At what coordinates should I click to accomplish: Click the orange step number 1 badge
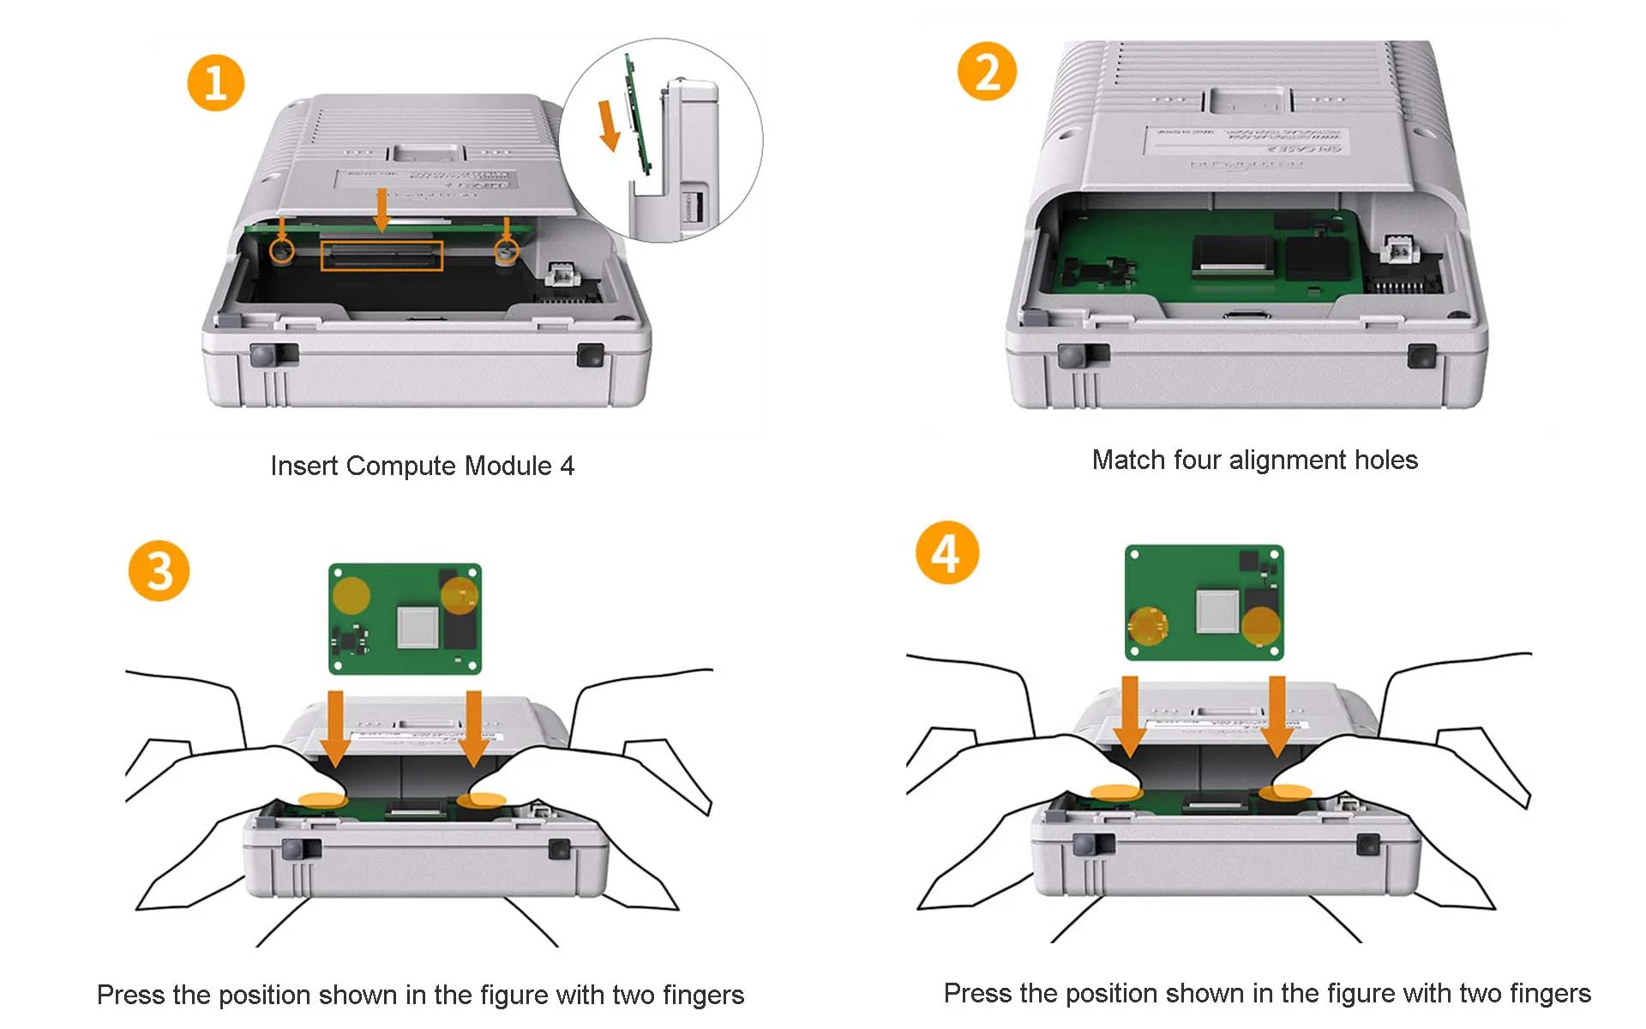pyautogui.click(x=215, y=83)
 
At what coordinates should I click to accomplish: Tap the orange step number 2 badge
pyautogui.click(x=987, y=71)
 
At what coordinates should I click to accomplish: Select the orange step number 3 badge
pyautogui.click(x=159, y=570)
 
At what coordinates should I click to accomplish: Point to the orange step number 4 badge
pyautogui.click(x=946, y=552)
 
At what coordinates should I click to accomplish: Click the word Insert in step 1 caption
pyautogui.click(x=304, y=466)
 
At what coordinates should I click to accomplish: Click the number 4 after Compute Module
pyautogui.click(x=567, y=466)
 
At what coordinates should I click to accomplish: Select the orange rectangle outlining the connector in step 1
pyautogui.click(x=381, y=256)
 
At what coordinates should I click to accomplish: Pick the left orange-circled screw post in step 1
pyautogui.click(x=281, y=250)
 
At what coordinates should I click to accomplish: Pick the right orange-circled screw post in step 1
pyautogui.click(x=507, y=250)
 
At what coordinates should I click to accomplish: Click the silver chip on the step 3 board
pyautogui.click(x=418, y=626)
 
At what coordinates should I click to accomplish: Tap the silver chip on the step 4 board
pyautogui.click(x=1217, y=611)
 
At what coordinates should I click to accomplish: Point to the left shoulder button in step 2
pyautogui.click(x=1072, y=355)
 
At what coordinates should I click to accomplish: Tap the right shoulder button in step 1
pyautogui.click(x=590, y=354)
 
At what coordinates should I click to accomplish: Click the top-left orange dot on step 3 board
pyautogui.click(x=351, y=595)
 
